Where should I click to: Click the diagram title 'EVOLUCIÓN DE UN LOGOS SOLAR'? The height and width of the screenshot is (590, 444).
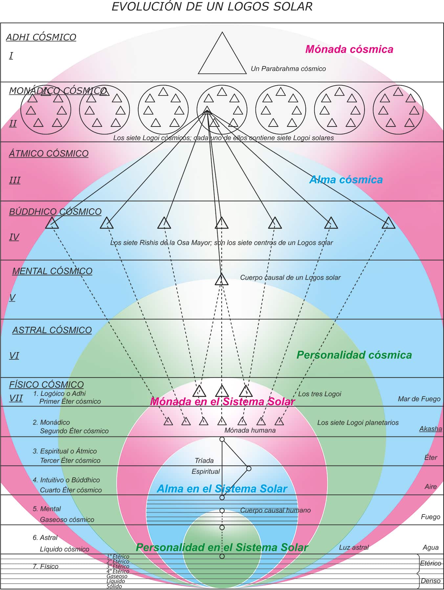(212, 7)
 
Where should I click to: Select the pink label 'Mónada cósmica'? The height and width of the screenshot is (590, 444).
(349, 49)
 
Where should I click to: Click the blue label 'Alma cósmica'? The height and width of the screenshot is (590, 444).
(346, 180)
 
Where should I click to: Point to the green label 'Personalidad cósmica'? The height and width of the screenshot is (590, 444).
(354, 355)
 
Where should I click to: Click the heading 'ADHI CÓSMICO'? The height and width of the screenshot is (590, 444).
(41, 37)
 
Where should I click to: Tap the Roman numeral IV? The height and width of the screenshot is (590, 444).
(14, 237)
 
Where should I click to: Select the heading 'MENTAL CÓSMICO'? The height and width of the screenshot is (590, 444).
(52, 271)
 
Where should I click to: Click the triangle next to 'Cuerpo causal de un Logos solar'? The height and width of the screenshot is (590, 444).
(222, 280)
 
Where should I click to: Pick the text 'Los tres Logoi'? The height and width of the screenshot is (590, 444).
(320, 394)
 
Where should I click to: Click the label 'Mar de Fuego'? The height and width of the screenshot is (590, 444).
(419, 399)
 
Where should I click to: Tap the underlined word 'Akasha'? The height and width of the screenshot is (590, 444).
(430, 429)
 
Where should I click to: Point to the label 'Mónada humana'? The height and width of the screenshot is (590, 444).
(250, 430)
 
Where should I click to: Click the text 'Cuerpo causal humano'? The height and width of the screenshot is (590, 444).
(275, 510)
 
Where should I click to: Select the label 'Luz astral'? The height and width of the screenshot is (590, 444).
(354, 547)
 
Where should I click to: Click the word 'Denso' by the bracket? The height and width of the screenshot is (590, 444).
(430, 581)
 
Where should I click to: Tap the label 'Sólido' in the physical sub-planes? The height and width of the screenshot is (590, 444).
(114, 586)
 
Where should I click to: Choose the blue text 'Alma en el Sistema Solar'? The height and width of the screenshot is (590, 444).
(222, 489)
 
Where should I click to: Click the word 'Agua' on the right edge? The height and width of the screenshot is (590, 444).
(430, 547)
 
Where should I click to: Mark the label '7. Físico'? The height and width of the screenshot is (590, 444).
(45, 566)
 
